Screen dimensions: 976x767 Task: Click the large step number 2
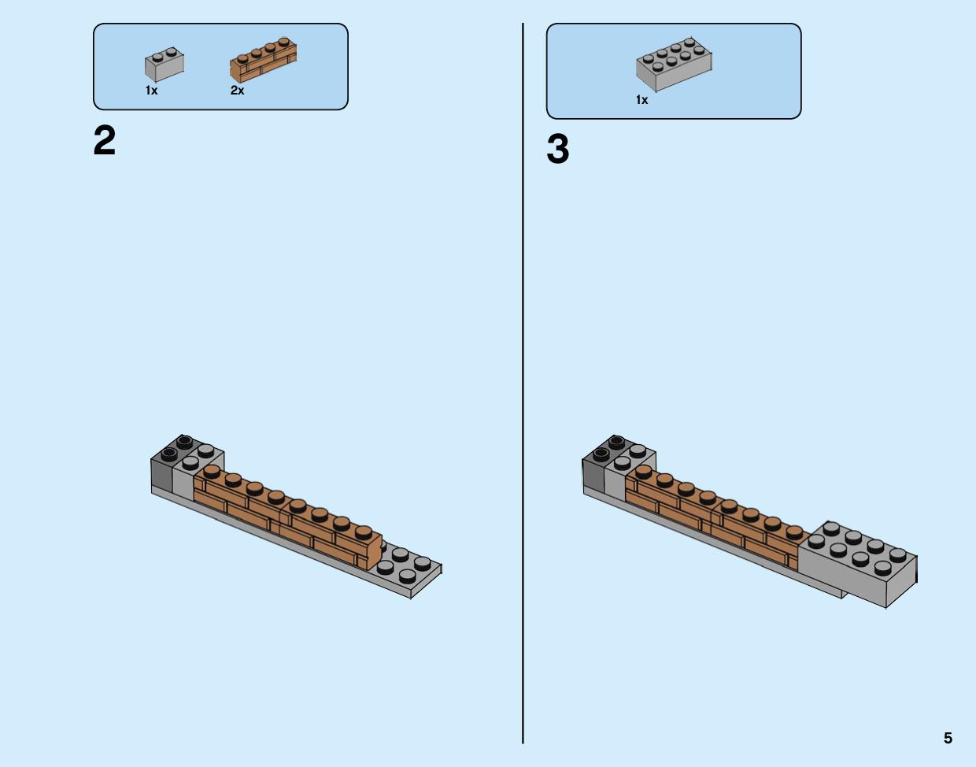tap(104, 140)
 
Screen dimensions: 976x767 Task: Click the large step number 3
tap(558, 149)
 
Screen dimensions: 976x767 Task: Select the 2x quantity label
tap(237, 91)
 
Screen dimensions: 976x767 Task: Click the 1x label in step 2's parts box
tap(151, 91)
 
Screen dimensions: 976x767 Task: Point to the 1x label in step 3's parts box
tap(641, 100)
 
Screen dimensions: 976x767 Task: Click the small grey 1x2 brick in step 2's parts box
tap(165, 65)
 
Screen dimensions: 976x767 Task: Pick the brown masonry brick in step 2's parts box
tap(263, 61)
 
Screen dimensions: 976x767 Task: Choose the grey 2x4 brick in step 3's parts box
tap(674, 65)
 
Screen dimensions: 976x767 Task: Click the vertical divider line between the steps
tap(523, 383)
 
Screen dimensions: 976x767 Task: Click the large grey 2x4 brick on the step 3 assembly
tap(857, 565)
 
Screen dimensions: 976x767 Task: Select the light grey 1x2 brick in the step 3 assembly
tap(629, 469)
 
